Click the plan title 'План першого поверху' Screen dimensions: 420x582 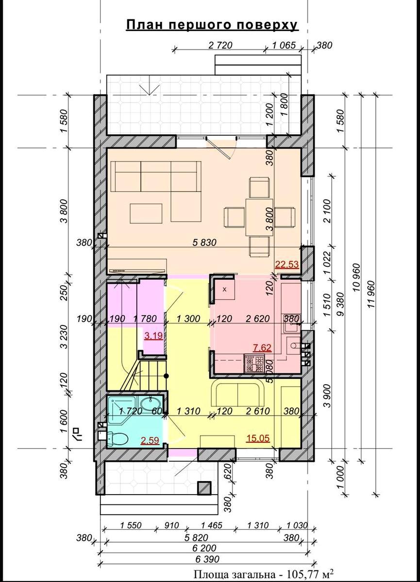pyautogui.click(x=212, y=25)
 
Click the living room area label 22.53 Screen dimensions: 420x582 pyautogui.click(x=286, y=264)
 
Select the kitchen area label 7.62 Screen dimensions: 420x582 pyautogui.click(x=262, y=347)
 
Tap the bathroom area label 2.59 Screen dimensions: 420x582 pyautogui.click(x=150, y=440)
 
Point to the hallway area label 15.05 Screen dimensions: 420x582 pyautogui.click(x=258, y=438)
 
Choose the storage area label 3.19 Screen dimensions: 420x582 pyautogui.click(x=154, y=336)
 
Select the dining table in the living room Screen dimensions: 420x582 pyautogui.click(x=259, y=217)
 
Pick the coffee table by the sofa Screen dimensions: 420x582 pyautogui.click(x=146, y=213)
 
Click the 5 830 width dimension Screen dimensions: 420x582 pyautogui.click(x=204, y=242)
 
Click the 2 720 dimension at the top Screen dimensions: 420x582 pyautogui.click(x=220, y=45)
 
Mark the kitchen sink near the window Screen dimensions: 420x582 pyautogui.click(x=291, y=323)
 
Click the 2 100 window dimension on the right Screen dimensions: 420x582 pyautogui.click(x=327, y=211)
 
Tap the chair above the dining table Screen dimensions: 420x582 pyautogui.click(x=258, y=188)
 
